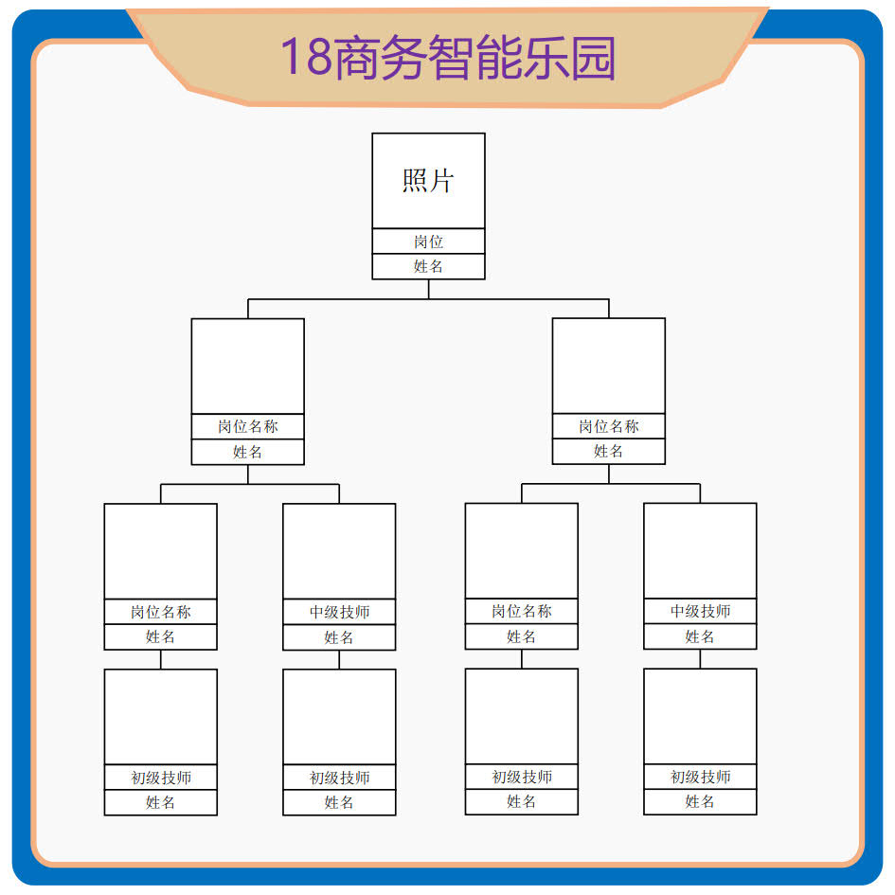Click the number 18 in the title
tap(304, 58)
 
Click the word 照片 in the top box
tap(428, 180)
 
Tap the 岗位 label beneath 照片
tap(428, 242)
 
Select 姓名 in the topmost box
tap(428, 266)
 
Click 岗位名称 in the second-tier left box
tap(247, 427)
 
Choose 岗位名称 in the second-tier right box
tap(608, 426)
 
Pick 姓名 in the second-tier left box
tap(247, 452)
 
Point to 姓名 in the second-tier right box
tap(608, 451)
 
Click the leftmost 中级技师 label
tap(339, 613)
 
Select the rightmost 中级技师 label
tap(700, 612)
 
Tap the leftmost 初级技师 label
tap(160, 778)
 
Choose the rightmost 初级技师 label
tap(700, 777)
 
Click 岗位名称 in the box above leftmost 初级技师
tap(160, 612)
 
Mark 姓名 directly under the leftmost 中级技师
tap(339, 637)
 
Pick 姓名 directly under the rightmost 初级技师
tap(700, 801)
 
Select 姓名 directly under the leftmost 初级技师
tap(160, 802)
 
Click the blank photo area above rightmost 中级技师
tap(700, 550)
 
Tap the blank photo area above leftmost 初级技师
tap(160, 717)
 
